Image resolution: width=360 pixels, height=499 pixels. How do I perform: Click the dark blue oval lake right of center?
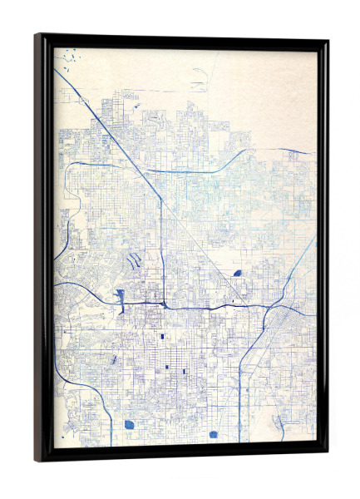coord(237,273)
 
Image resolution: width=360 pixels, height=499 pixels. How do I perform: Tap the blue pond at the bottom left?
coord(129,424)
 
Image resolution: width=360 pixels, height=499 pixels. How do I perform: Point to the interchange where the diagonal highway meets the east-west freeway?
coord(162,305)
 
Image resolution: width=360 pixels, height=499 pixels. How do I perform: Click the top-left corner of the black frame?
coord(37,36)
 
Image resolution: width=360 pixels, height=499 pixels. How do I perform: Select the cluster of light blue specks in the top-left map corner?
coord(69,58)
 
